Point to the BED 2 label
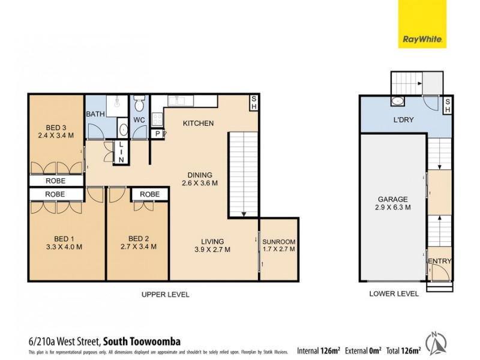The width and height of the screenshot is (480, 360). click(138, 237)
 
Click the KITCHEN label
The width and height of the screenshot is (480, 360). click(198, 124)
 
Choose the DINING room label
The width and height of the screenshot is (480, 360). click(197, 175)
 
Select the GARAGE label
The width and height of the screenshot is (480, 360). click(393, 199)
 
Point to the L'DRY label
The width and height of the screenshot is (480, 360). click(403, 120)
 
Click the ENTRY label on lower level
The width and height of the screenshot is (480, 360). click(439, 261)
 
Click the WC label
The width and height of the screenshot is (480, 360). click(139, 120)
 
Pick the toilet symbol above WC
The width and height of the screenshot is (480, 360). click(139, 106)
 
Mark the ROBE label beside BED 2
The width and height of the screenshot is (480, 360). click(149, 194)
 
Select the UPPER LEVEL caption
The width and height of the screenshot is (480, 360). click(165, 295)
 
